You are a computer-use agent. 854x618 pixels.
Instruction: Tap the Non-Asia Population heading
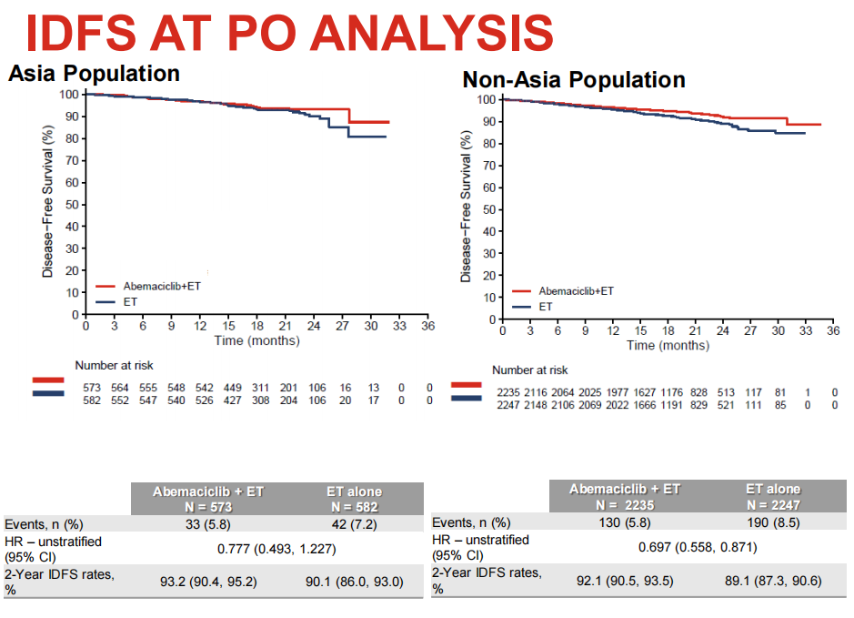click(x=574, y=80)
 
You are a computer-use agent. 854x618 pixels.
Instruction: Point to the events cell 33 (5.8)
click(x=207, y=524)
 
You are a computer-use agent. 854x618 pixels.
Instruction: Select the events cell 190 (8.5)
click(x=772, y=522)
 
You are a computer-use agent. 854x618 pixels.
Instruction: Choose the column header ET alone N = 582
click(x=354, y=498)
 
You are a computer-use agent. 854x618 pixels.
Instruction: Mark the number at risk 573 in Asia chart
click(x=91, y=388)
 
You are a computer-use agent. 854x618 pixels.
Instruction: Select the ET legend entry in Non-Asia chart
click(x=546, y=307)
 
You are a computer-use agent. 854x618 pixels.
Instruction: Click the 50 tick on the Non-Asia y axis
click(x=489, y=209)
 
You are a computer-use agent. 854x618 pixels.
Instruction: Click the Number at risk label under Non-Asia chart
click(x=530, y=370)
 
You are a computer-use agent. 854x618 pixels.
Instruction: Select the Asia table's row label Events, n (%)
click(x=42, y=524)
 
